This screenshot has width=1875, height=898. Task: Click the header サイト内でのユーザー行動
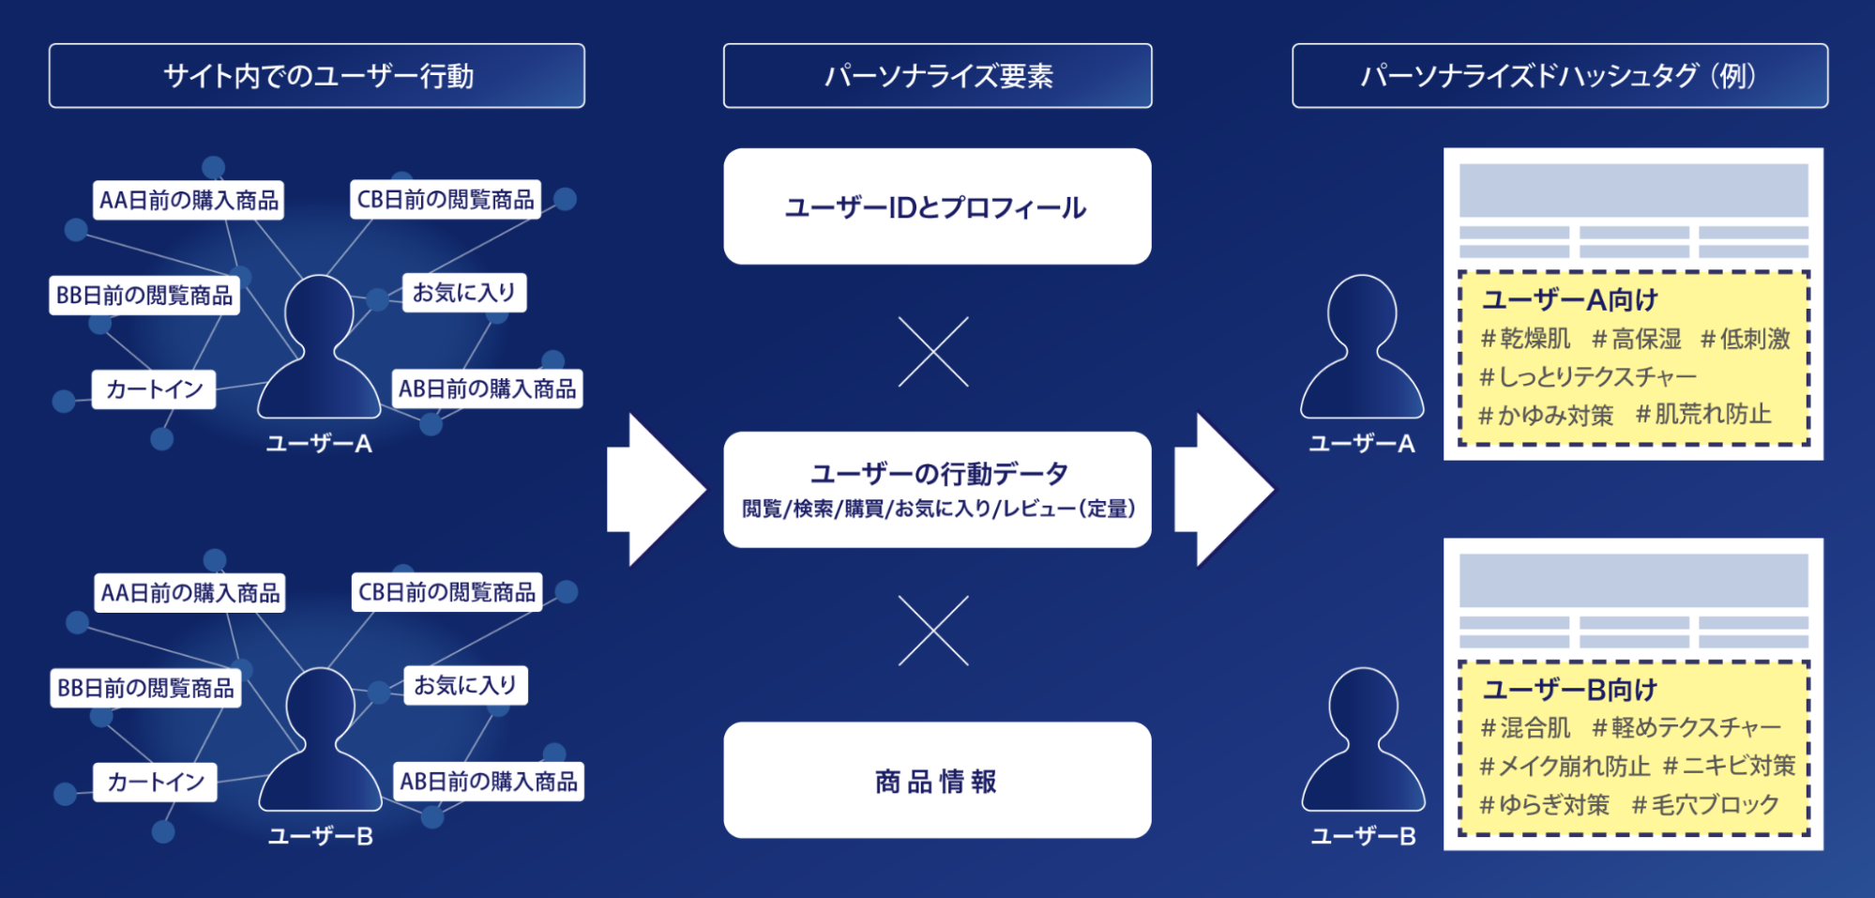(x=317, y=76)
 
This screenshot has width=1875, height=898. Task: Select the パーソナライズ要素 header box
(x=937, y=76)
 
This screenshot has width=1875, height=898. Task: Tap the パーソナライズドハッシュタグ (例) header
(x=1559, y=76)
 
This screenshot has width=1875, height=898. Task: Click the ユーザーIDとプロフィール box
(x=937, y=206)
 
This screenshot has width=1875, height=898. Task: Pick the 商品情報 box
(x=937, y=781)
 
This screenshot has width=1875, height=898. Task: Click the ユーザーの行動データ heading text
(x=939, y=474)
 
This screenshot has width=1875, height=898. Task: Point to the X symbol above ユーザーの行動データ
(x=933, y=352)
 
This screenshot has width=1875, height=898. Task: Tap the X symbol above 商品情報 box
(x=933, y=631)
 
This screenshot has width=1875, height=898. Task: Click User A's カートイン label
(x=154, y=389)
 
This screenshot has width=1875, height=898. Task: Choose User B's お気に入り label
(x=465, y=686)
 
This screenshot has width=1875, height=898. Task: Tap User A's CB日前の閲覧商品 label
(x=446, y=200)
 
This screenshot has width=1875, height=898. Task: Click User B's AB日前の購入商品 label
(x=489, y=782)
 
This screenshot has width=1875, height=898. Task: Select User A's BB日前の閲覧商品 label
(x=144, y=296)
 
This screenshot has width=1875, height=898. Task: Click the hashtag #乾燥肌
(x=1524, y=339)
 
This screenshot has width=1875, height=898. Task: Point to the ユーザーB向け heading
(x=1569, y=691)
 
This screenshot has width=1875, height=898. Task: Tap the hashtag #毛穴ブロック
(x=1705, y=805)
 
